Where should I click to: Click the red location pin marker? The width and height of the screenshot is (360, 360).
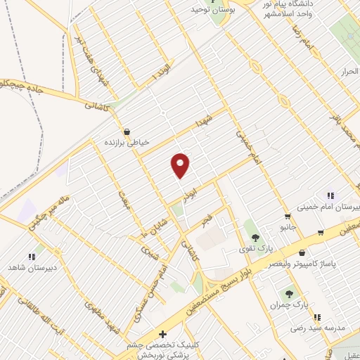pyautogui.click(x=181, y=165)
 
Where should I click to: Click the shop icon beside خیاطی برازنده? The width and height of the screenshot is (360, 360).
pyautogui.click(x=127, y=131)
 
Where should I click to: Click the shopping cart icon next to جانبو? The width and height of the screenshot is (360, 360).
pyautogui.click(x=287, y=216)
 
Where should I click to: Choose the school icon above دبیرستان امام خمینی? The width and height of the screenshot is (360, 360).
pyautogui.click(x=330, y=195)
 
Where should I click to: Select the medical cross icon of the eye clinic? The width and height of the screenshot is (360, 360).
pyautogui.click(x=163, y=334)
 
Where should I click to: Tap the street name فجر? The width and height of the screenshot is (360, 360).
pyautogui.click(x=206, y=220)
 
